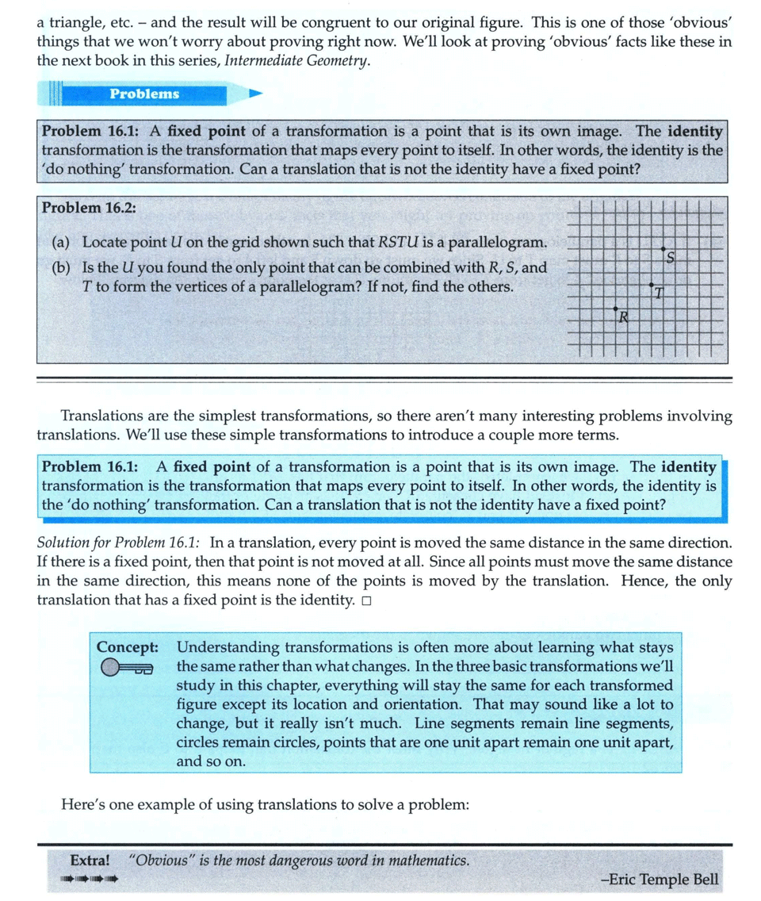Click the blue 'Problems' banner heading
[144, 94]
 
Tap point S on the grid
[663, 250]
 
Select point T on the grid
[652, 284]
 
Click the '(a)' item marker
[59, 241]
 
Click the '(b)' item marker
[59, 267]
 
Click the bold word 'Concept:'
[127, 646]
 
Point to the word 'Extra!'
[89, 861]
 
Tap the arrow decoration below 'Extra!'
[89, 878]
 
